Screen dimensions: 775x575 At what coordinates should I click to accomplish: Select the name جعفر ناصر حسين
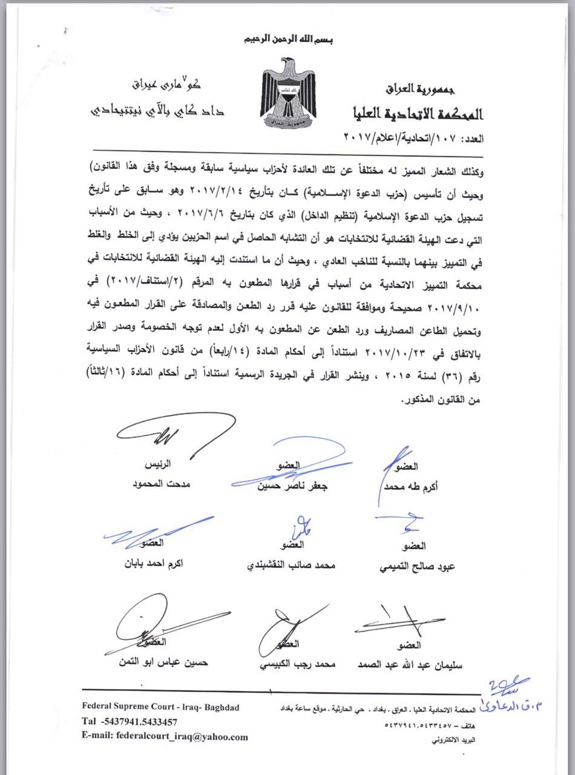pyautogui.click(x=288, y=486)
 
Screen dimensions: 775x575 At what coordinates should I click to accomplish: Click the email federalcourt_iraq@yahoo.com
pyautogui.click(x=165, y=737)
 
